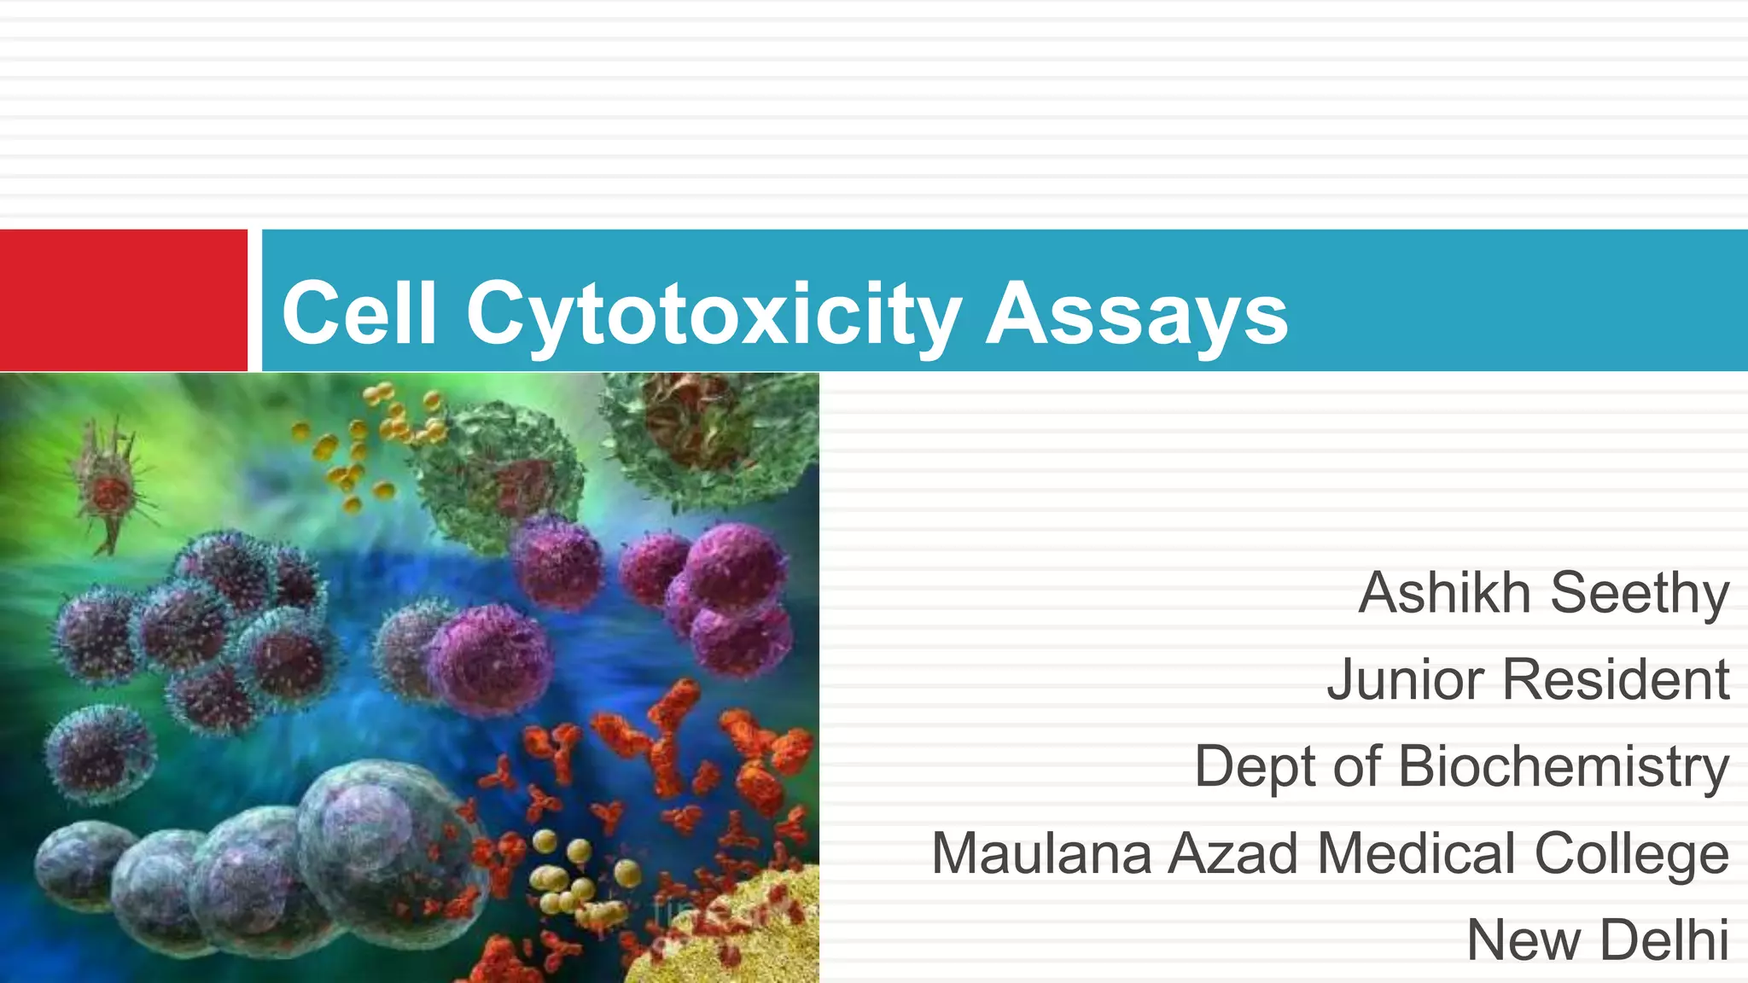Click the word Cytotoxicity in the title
tap(714, 314)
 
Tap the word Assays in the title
tap(1137, 314)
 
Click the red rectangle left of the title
tap(123, 300)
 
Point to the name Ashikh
tap(1444, 592)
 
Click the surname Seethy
tap(1640, 594)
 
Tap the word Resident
tap(1616, 679)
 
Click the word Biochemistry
tap(1564, 766)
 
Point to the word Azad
tap(1233, 852)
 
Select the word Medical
tap(1417, 852)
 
